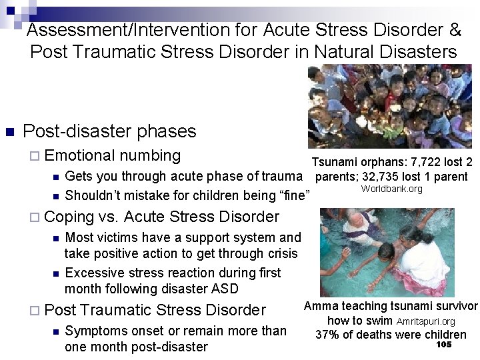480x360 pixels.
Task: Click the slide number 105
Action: pos(443,345)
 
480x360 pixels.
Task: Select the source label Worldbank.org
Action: pos(391,189)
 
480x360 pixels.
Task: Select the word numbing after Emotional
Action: pos(150,156)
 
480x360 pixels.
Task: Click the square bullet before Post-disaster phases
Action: pos(9,131)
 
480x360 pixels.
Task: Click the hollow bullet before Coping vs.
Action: pos(35,217)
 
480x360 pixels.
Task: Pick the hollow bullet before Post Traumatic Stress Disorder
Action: pos(35,311)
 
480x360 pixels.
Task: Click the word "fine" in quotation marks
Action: pos(297,195)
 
